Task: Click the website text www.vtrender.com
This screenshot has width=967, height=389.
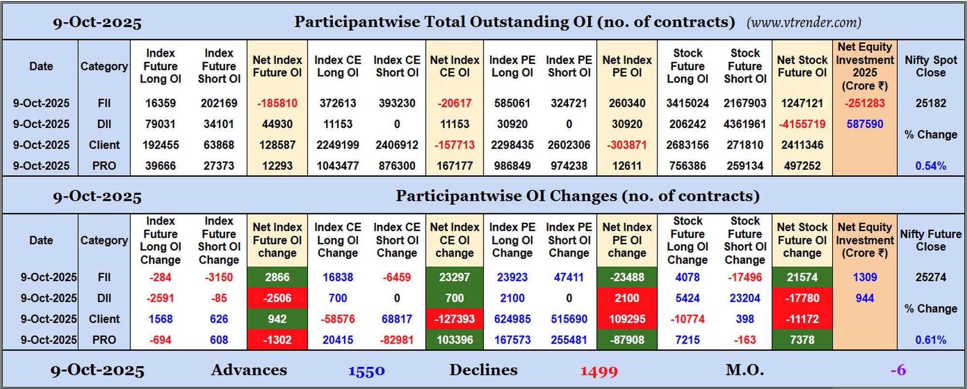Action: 804,22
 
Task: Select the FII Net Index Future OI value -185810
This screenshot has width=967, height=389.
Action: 277,103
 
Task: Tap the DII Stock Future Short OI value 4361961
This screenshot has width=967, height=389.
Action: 745,124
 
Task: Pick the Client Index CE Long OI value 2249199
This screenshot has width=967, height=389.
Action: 337,145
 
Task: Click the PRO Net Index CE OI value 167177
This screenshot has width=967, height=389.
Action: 454,165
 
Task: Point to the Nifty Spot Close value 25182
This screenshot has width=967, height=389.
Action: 931,103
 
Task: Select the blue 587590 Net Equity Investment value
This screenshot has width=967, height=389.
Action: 864,124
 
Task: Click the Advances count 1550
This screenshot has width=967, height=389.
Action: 366,371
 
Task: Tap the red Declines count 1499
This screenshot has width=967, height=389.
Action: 599,371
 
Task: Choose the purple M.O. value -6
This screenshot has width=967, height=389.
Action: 898,370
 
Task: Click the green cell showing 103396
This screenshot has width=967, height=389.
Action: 454,340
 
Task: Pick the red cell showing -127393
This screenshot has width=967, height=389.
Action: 454,319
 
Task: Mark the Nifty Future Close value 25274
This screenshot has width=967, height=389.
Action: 931,277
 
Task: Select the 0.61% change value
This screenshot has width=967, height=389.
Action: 931,340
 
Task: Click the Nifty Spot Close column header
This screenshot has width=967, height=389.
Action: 931,66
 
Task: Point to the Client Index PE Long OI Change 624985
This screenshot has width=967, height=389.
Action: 512,319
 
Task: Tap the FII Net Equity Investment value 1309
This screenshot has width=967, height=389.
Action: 864,277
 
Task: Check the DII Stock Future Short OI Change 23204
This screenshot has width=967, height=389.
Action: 745,298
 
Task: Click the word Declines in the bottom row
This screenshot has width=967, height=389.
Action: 483,370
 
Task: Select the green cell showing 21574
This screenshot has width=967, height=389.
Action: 802,277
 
